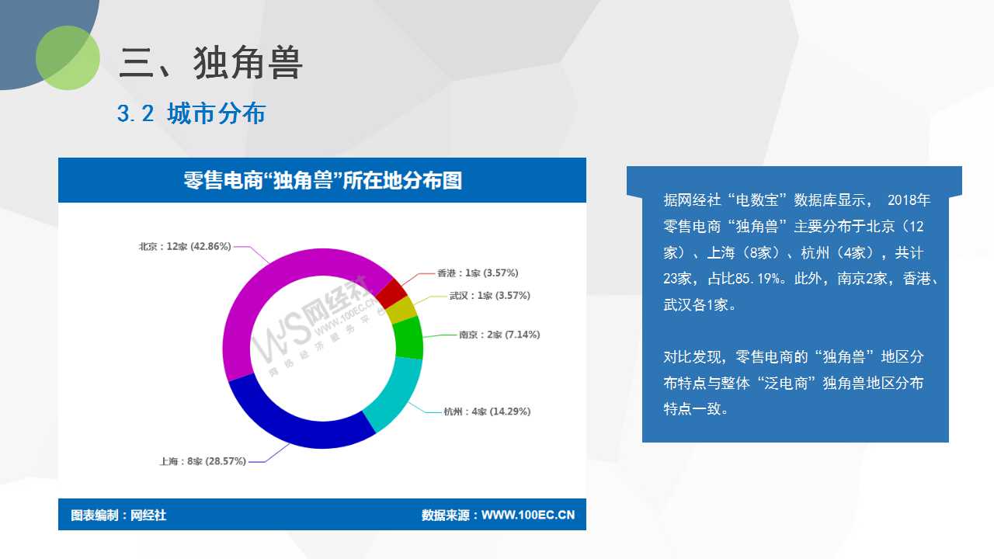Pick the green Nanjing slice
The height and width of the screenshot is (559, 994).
pos(408,338)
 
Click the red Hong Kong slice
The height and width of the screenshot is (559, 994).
pos(391,293)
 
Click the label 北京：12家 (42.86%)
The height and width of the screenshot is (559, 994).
pos(185,246)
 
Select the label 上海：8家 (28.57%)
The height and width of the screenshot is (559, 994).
pos(203,461)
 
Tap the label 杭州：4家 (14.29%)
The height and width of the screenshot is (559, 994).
pos(487,411)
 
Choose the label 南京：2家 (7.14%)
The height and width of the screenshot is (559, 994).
pos(499,335)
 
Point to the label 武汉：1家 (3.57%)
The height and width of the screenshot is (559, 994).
pos(489,296)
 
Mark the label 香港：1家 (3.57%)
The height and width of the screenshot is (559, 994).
pos(478,273)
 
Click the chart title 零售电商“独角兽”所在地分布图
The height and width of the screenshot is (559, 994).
pos(322,181)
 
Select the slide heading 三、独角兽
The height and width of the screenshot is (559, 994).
pos(210,63)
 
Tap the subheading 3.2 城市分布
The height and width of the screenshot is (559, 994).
pos(191,113)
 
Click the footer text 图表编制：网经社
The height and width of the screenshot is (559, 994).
pos(119,515)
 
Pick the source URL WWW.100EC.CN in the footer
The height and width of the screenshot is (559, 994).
pos(528,515)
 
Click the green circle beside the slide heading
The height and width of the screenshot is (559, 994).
pos(68,57)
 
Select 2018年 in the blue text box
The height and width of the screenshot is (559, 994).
pos(909,200)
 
